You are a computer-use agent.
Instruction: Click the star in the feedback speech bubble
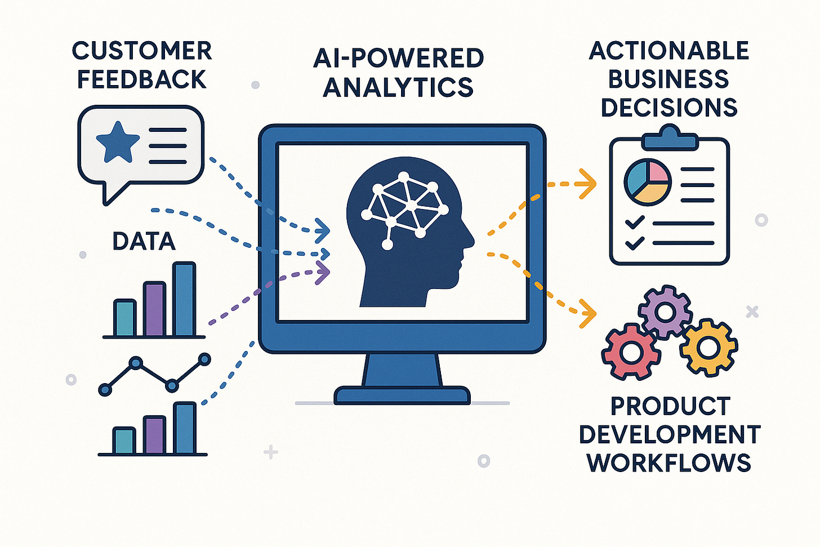(118, 141)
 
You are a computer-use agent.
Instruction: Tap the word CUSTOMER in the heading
(142, 51)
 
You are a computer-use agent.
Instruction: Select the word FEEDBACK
(142, 79)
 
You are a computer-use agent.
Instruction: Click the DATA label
(144, 242)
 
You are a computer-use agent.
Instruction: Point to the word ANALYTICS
(398, 87)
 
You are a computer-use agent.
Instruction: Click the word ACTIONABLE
(669, 51)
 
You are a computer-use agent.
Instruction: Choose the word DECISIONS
(669, 107)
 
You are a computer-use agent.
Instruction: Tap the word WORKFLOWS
(669, 463)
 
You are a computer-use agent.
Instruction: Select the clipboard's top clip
(669, 139)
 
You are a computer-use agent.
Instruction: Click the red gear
(629, 353)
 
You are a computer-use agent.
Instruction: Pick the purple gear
(665, 312)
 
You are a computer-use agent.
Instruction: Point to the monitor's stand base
(402, 395)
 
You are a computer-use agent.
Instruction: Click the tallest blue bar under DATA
(184, 299)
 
